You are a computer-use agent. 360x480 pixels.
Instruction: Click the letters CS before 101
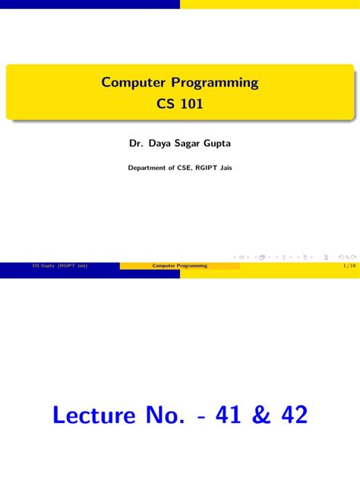(166, 103)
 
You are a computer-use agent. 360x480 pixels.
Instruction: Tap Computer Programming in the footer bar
(179, 267)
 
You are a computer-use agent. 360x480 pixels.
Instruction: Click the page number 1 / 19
(349, 267)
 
